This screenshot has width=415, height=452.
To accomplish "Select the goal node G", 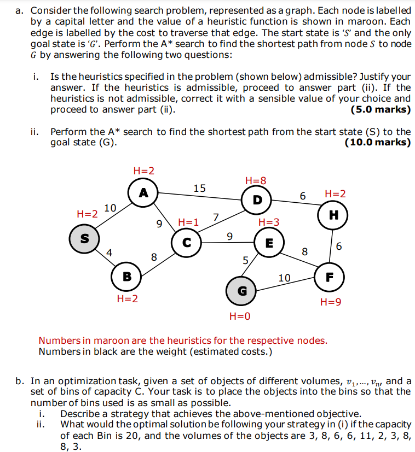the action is pyautogui.click(x=241, y=291).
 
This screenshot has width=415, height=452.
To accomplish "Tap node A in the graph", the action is pyautogui.click(x=143, y=192).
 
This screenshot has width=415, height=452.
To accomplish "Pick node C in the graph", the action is pyautogui.click(x=186, y=242).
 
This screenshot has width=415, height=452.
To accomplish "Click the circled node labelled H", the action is pyautogui.click(x=333, y=215).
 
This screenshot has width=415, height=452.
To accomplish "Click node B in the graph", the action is pyautogui.click(x=126, y=277).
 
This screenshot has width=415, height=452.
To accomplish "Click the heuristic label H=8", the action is pyautogui.click(x=256, y=181).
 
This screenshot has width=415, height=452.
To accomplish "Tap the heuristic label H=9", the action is pyautogui.click(x=331, y=302).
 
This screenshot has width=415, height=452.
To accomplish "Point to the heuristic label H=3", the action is pyautogui.click(x=268, y=222).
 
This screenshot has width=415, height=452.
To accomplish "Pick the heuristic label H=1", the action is pyautogui.click(x=188, y=222).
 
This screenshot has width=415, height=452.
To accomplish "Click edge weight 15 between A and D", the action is pyautogui.click(x=200, y=189).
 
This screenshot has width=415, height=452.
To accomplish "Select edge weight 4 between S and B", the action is pyautogui.click(x=109, y=253).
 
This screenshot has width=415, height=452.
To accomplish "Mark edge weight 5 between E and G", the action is pyautogui.click(x=246, y=260).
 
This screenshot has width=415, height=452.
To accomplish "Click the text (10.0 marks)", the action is pyautogui.click(x=378, y=143).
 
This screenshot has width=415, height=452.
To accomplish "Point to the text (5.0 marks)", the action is pyautogui.click(x=381, y=109).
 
